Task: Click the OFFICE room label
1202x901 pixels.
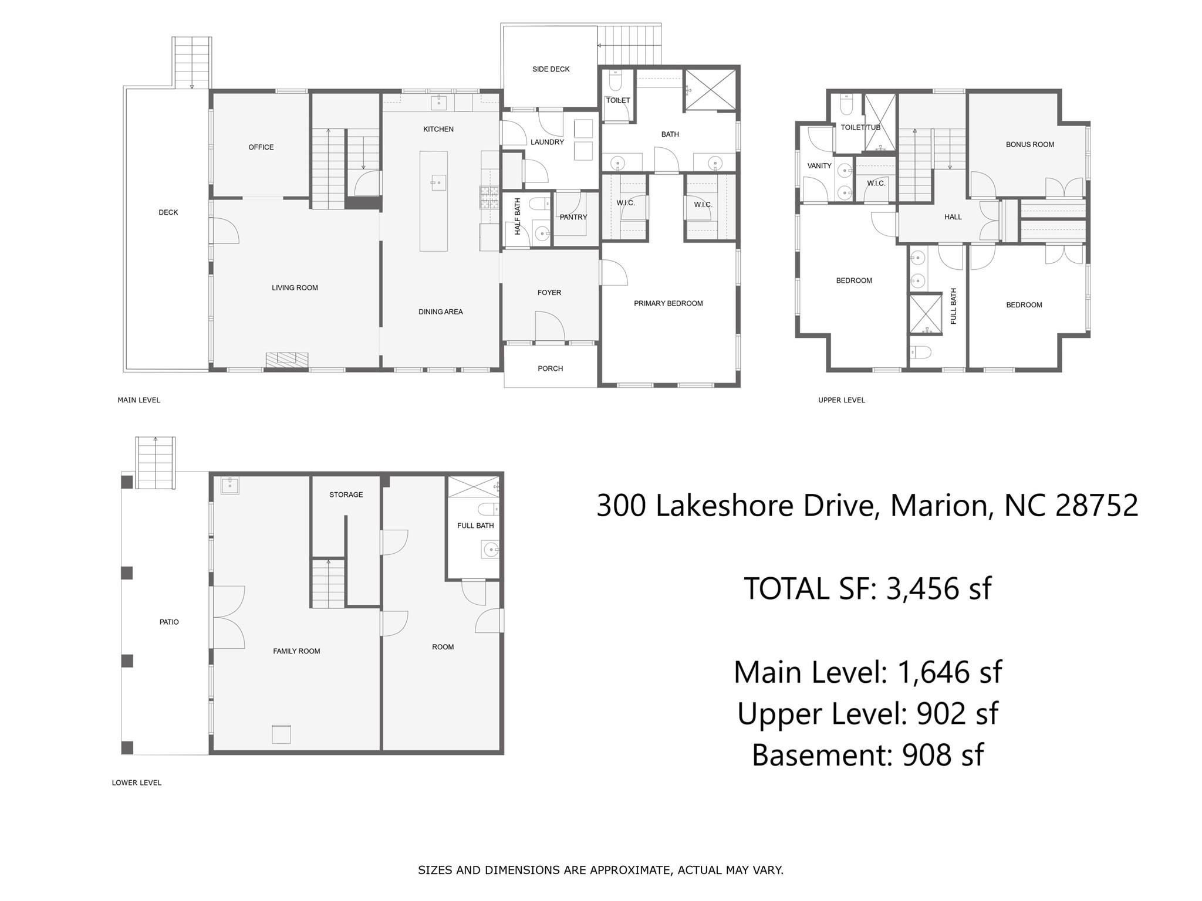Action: pyautogui.click(x=261, y=147)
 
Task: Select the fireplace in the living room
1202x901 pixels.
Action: pyautogui.click(x=287, y=360)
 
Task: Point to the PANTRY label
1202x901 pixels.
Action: pyautogui.click(x=573, y=217)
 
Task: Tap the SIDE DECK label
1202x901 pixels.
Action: pyautogui.click(x=551, y=69)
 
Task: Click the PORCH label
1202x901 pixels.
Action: pyautogui.click(x=550, y=368)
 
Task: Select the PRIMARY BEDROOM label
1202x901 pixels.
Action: pyautogui.click(x=668, y=303)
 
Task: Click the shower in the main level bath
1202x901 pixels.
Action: pyautogui.click(x=710, y=90)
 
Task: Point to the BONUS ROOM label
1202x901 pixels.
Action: pyautogui.click(x=1029, y=144)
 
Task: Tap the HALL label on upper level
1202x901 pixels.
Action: pyautogui.click(x=953, y=217)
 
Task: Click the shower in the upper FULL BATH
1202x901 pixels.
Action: pyautogui.click(x=925, y=314)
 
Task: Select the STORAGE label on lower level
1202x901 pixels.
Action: pyautogui.click(x=346, y=494)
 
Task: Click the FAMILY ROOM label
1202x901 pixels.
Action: pyautogui.click(x=296, y=651)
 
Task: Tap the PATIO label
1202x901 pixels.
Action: pyautogui.click(x=169, y=622)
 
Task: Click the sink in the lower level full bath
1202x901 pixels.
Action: pyautogui.click(x=489, y=550)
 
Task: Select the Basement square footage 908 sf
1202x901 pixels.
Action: pyautogui.click(x=942, y=755)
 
